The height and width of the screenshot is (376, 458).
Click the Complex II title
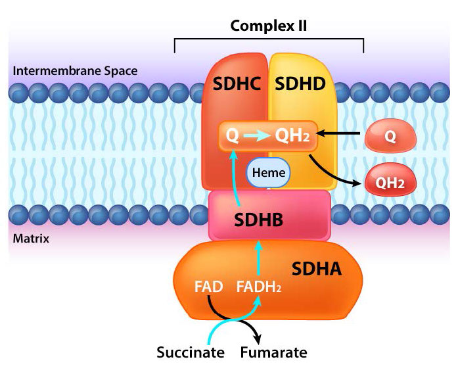(269, 26)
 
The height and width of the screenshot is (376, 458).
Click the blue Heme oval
(268, 174)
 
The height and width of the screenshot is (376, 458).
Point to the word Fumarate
(273, 352)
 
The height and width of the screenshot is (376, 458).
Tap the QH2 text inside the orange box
(292, 136)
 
